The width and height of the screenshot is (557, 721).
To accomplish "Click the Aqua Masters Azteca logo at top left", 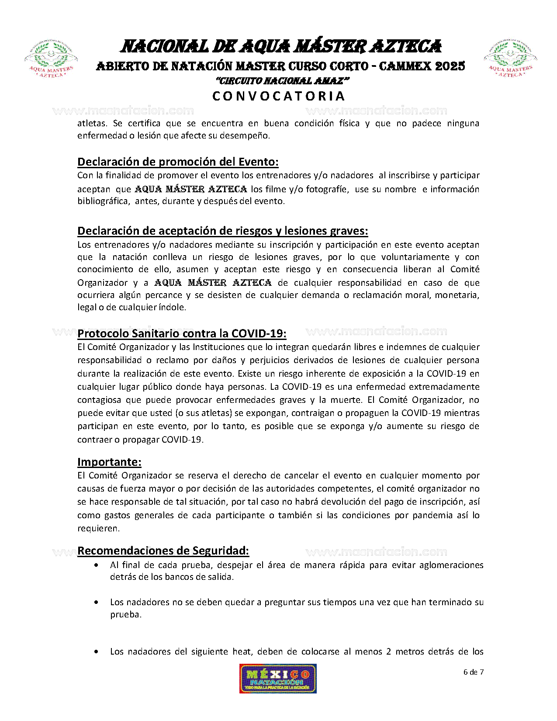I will [51, 59].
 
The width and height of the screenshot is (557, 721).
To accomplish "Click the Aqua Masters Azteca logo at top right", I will [510, 59].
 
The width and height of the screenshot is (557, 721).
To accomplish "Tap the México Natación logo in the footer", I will [278, 678].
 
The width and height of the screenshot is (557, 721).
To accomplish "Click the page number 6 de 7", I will [473, 672].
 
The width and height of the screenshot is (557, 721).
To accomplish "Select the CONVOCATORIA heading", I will [279, 96].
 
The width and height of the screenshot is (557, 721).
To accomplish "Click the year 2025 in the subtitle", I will [450, 66].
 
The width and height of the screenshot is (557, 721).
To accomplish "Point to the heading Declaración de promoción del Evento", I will [178, 162].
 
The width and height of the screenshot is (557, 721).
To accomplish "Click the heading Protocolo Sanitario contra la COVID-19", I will [182, 333].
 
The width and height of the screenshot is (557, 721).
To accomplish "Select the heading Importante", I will [109, 462].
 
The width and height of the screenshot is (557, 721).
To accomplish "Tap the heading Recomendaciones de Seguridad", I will [163, 551].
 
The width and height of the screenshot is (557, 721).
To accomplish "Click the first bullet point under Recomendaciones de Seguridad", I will [96, 565].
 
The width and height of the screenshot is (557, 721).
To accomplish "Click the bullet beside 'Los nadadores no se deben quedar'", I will [96, 603].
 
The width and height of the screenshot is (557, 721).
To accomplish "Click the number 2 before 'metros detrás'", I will [388, 652].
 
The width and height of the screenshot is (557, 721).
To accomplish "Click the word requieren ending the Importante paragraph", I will [98, 528].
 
